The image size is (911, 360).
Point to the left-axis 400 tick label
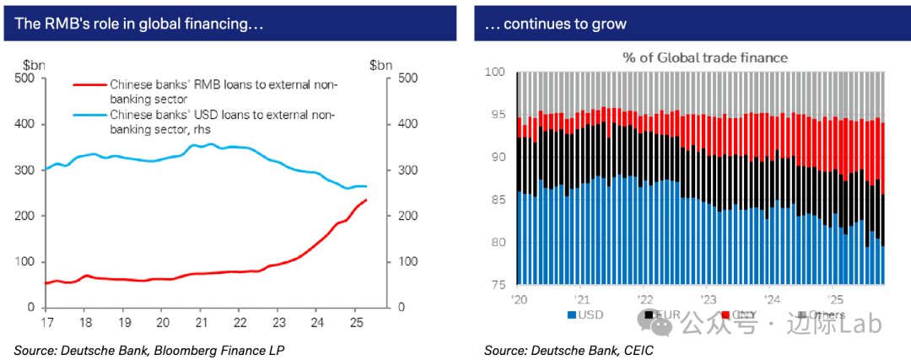[25, 124]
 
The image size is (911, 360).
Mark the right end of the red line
[366, 200]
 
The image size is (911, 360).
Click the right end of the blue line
[366, 186]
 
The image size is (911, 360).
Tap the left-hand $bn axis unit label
[34, 65]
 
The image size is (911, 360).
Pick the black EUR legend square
[648, 315]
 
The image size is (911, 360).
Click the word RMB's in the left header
[60, 24]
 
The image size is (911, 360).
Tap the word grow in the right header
[608, 24]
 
